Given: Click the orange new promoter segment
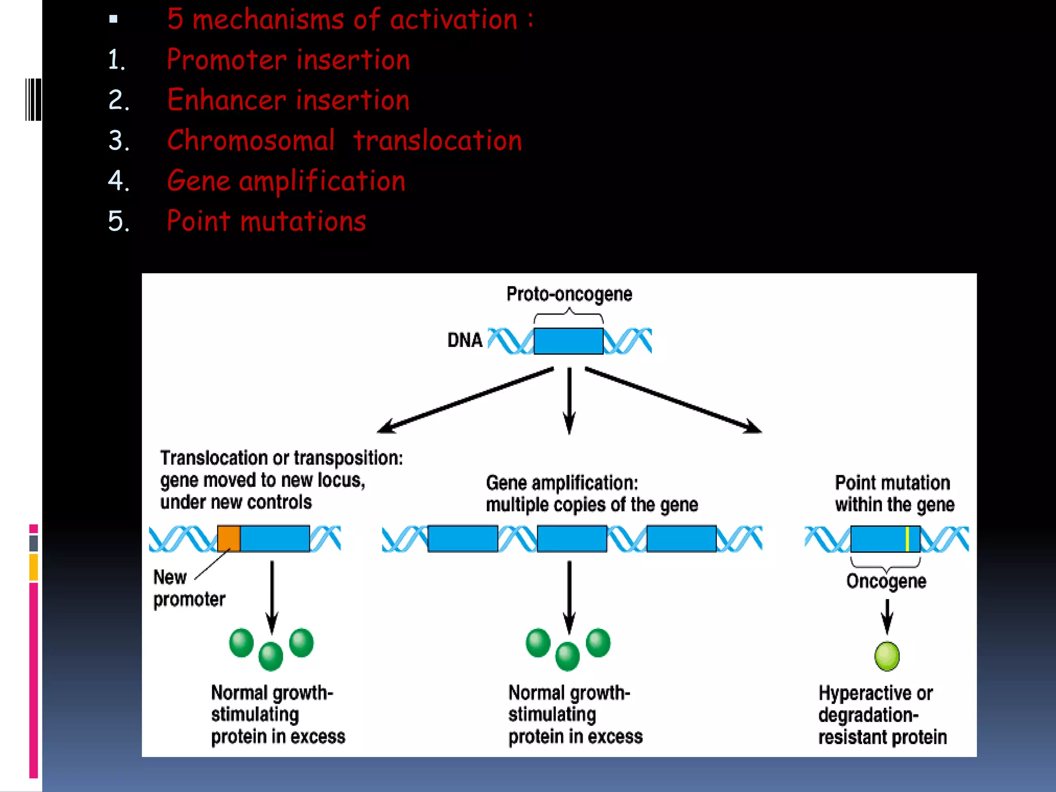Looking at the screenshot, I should point(228,539).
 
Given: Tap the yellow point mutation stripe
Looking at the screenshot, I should point(907,539).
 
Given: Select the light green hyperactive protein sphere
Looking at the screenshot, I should point(887,656).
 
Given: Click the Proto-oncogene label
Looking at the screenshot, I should point(569,294).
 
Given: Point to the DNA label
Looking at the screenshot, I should point(465,340).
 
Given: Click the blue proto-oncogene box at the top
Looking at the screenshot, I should point(568,341).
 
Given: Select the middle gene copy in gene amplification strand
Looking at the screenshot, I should point(572,539).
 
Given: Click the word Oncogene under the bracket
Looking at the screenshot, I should point(886,581).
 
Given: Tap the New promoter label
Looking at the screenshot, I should point(189,588).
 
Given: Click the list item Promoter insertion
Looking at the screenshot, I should point(288,59).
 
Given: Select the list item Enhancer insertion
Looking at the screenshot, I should point(288,100).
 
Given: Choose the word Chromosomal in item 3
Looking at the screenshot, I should point(251,140).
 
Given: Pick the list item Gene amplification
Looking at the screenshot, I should point(286,181).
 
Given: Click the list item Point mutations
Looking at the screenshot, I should point(266,221).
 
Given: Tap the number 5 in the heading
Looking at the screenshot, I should point(175,20).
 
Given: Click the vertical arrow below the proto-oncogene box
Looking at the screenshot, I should point(569,400).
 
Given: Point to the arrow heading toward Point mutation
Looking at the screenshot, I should point(673,400).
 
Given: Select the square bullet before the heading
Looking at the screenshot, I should point(113,20).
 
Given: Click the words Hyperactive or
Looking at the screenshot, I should point(876,693).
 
